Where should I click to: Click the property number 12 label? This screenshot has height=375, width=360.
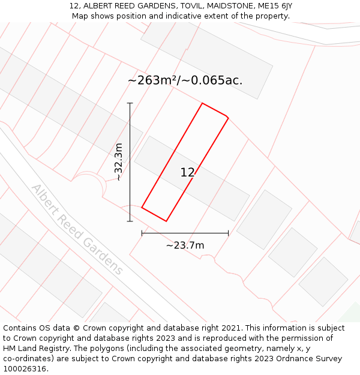pos(187,173)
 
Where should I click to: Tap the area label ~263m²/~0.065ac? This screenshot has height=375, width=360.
pos(185,80)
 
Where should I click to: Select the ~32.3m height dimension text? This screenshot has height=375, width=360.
pos(119,162)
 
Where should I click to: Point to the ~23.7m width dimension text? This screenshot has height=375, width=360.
pos(185,245)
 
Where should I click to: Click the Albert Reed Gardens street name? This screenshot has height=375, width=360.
pos(77,229)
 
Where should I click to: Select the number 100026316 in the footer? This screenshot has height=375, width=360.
pos(24,368)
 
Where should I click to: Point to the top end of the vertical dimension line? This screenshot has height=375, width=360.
pos(130,103)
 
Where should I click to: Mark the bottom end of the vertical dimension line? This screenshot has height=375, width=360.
pos(130,221)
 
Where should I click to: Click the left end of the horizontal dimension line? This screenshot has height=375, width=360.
pos(142,233)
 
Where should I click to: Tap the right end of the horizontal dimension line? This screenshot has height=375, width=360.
pos(228,233)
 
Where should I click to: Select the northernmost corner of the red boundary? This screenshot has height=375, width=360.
pos(202,103)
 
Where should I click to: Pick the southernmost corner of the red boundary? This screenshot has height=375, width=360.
pos(166,221)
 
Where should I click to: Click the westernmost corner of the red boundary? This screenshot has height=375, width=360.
pos(142,208)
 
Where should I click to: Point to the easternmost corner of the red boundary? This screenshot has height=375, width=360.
pos(228,117)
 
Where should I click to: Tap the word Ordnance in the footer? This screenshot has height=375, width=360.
pos(287,359)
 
